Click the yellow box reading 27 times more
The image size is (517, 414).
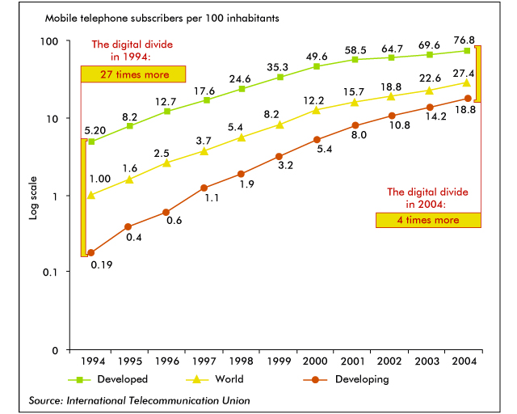[134, 74]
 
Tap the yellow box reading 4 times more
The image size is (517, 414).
[428, 220]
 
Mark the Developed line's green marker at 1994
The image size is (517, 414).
[91, 142]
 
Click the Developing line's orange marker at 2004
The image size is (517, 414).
[468, 99]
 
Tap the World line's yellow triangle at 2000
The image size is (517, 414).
[317, 110]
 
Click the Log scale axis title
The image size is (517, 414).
[33, 201]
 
